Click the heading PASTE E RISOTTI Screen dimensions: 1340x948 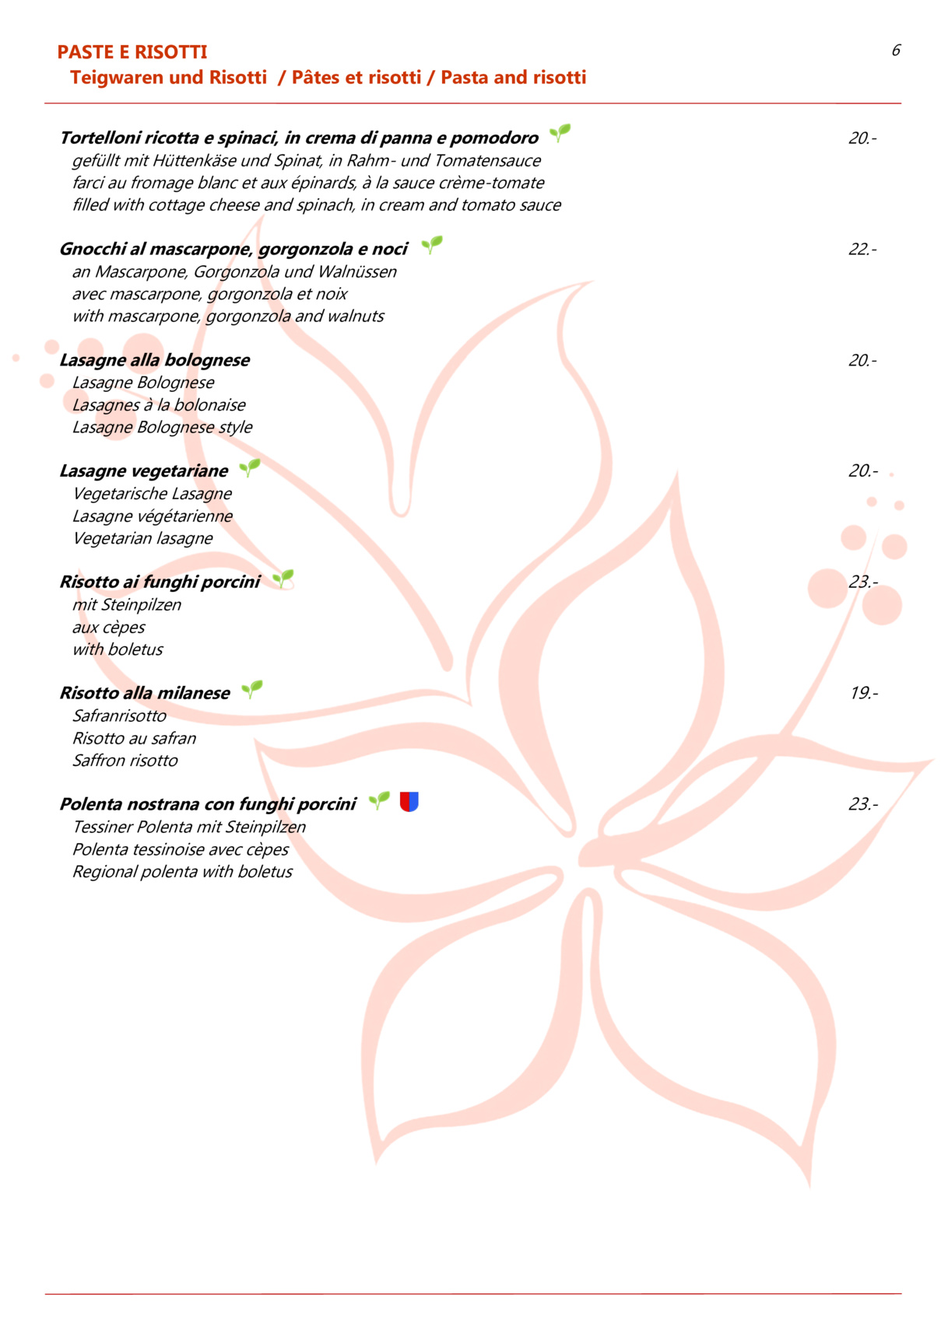click(x=132, y=52)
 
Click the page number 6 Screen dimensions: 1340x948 click(x=896, y=51)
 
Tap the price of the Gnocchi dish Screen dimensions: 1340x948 click(x=862, y=250)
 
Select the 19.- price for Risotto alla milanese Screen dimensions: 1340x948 click(x=863, y=693)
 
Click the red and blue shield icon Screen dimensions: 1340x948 click(x=409, y=802)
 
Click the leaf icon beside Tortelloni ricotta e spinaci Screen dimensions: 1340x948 click(x=560, y=133)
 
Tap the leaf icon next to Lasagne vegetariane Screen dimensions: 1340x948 click(x=250, y=467)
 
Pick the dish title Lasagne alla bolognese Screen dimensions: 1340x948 click(x=155, y=360)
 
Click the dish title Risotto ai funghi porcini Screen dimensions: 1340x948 click(x=160, y=582)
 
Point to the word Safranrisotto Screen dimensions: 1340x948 click(x=119, y=715)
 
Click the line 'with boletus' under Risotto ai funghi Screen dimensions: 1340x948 click(x=118, y=649)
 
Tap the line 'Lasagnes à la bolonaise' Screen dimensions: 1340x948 click(x=159, y=405)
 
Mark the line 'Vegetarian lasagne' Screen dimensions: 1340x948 click(x=142, y=538)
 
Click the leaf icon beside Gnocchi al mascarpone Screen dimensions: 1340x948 click(x=432, y=245)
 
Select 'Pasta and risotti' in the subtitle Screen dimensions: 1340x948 click(x=514, y=78)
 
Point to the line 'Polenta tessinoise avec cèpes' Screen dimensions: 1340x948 click(x=181, y=849)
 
